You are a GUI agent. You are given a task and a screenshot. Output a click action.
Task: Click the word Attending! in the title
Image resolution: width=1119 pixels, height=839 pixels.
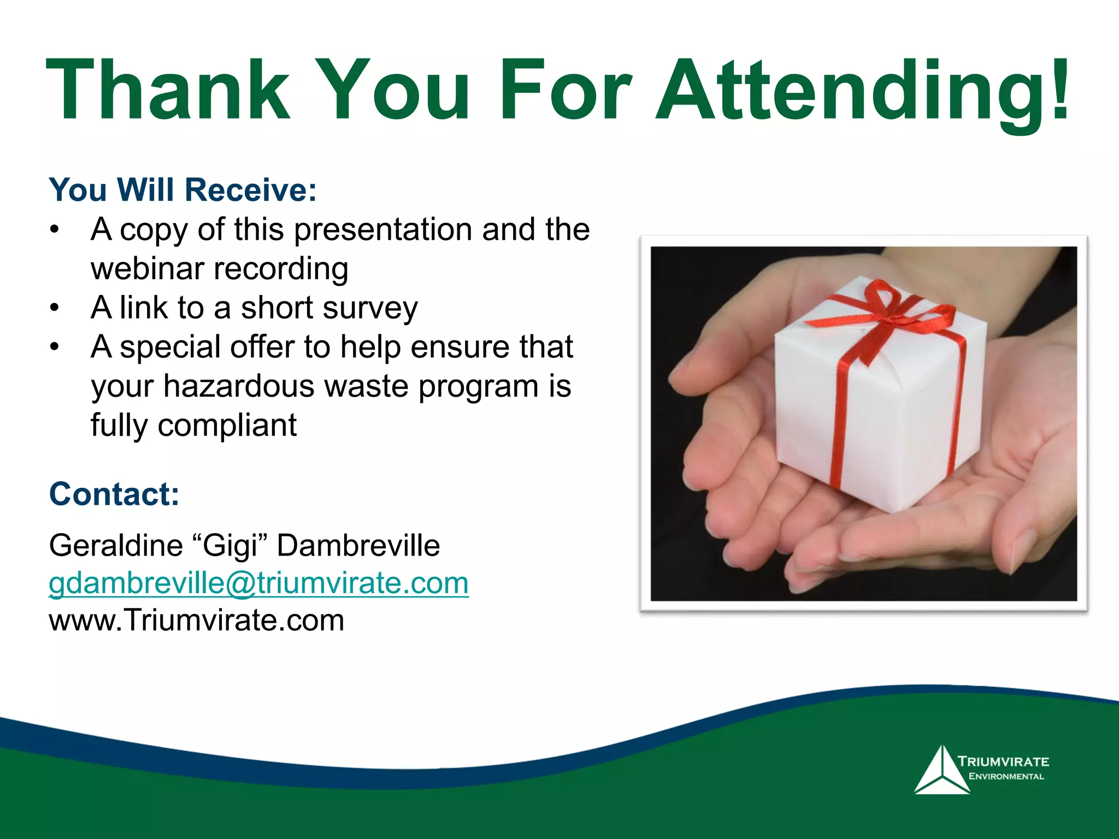(x=862, y=92)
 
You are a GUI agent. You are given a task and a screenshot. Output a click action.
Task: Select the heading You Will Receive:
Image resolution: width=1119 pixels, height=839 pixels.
(x=182, y=190)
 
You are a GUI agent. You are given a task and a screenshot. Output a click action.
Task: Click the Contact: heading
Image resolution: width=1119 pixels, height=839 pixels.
(x=114, y=494)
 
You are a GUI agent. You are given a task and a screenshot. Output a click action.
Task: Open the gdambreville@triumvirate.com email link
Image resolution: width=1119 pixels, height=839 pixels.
(x=258, y=583)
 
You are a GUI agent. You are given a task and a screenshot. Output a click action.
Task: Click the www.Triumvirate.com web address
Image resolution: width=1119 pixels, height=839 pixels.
(x=197, y=620)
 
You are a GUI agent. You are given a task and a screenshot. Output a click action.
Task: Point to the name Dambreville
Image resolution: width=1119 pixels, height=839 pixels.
(x=358, y=545)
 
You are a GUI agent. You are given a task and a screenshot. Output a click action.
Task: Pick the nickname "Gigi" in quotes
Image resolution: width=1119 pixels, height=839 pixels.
(x=229, y=545)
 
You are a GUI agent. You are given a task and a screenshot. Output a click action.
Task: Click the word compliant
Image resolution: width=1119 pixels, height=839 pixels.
(x=227, y=425)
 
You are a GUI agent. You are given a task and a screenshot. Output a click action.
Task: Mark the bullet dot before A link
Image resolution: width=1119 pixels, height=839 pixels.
(x=54, y=308)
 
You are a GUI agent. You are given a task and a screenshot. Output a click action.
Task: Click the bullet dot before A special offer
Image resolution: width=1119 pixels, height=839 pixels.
(x=54, y=347)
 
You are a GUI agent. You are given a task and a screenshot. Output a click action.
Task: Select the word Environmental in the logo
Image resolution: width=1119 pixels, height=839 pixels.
(x=1006, y=777)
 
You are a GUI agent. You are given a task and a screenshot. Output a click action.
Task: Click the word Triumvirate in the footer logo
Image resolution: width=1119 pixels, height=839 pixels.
(x=1003, y=761)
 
